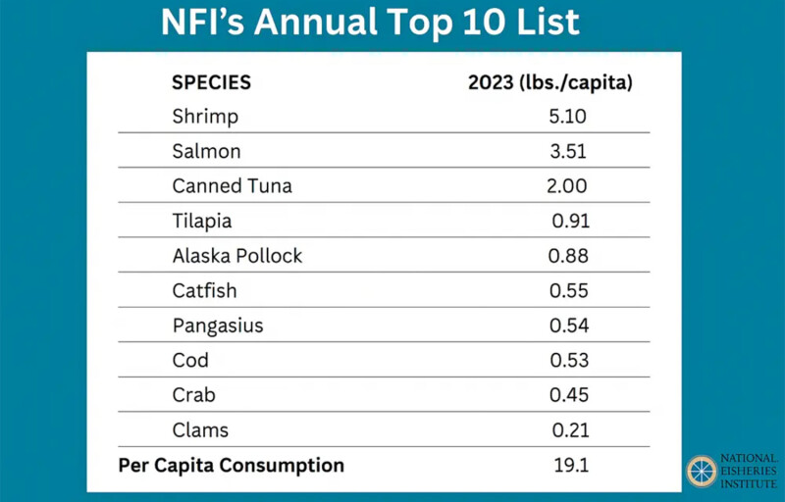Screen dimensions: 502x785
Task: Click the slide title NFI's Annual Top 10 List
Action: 371,23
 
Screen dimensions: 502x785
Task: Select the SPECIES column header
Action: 211,82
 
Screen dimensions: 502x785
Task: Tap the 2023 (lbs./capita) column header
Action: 549,82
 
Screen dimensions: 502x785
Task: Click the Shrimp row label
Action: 205,117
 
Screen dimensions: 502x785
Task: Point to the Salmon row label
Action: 206,152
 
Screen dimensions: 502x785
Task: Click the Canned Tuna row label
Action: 232,186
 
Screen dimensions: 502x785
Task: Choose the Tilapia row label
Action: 202,222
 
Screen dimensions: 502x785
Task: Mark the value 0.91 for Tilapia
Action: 570,222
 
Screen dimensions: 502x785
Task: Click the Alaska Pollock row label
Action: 237,256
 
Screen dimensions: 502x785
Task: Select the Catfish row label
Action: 204,291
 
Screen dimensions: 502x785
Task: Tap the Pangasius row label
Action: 218,326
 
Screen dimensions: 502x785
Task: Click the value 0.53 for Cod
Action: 569,361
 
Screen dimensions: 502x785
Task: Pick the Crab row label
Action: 193,395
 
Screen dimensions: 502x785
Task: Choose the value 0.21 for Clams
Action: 569,430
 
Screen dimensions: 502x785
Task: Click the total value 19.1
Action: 570,466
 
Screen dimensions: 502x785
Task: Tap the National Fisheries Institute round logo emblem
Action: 701,472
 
